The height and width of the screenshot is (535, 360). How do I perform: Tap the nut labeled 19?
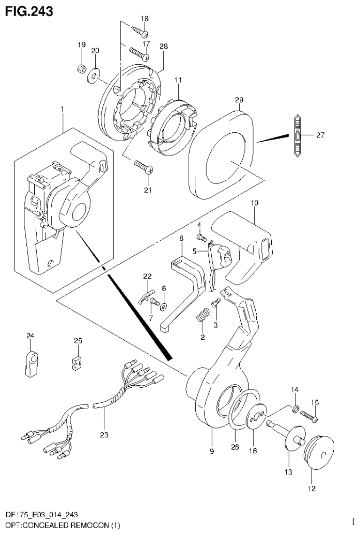pos(80,69)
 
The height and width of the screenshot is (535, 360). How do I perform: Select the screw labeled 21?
pos(143,167)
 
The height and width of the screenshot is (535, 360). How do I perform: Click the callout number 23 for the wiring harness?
pos(104,435)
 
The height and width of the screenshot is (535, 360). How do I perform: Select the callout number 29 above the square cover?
pos(239,100)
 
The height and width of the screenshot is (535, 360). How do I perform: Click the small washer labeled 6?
pos(164,307)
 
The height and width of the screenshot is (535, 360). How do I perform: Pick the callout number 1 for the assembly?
pos(62,109)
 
